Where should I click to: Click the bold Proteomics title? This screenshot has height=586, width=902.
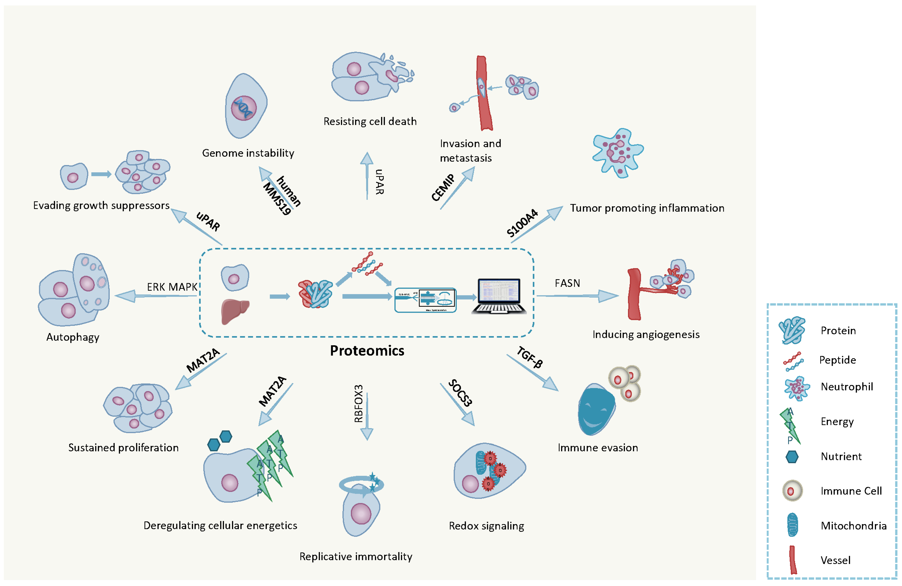click(x=367, y=351)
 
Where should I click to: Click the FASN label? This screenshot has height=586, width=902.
click(x=567, y=283)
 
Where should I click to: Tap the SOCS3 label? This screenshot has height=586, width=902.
click(x=460, y=393)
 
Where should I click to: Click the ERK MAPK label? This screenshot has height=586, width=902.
click(x=172, y=287)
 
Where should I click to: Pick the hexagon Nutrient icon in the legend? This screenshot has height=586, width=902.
click(x=792, y=457)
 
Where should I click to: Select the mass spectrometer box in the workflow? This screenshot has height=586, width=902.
click(x=425, y=300)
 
